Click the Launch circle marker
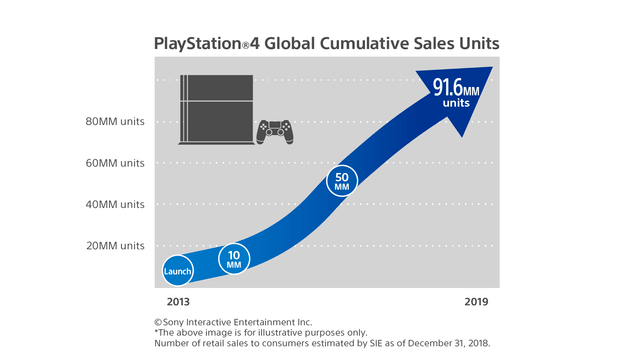(x=178, y=271)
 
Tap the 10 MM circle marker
(x=234, y=258)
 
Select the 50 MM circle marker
(x=342, y=181)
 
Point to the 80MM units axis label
(x=116, y=122)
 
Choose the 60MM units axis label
(x=116, y=163)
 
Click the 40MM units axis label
(x=116, y=204)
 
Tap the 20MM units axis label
(x=116, y=245)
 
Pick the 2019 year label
(x=478, y=300)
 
